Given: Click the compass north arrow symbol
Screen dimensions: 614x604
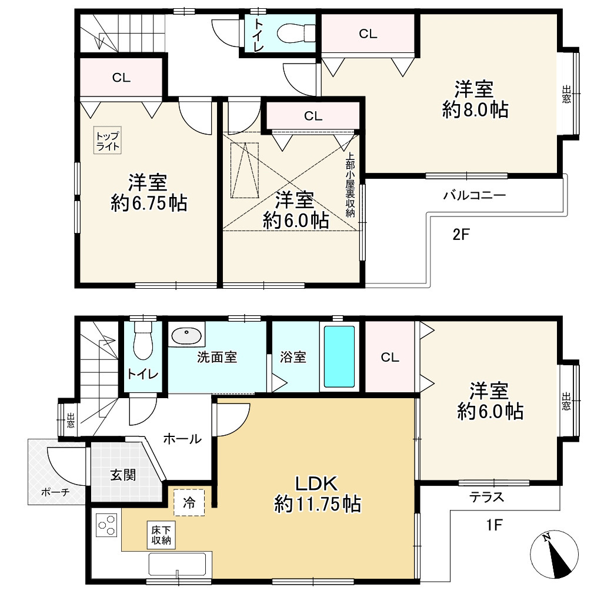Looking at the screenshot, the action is pyautogui.click(x=553, y=554).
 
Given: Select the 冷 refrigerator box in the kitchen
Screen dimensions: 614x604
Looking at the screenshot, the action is pyautogui.click(x=189, y=503).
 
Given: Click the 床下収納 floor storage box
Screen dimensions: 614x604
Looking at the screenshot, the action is pyautogui.click(x=161, y=535).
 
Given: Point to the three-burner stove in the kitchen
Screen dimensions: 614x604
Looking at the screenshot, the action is pyautogui.click(x=106, y=525).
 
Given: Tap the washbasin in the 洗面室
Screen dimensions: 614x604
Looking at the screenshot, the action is pyautogui.click(x=187, y=336).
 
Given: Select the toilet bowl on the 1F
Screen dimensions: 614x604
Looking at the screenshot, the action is pyautogui.click(x=143, y=341).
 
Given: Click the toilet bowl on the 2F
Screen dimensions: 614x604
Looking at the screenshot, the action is pyautogui.click(x=296, y=33).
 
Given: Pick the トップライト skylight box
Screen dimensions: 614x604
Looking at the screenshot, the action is pyautogui.click(x=107, y=140).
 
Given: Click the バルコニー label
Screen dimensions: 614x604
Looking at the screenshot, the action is pyautogui.click(x=475, y=195).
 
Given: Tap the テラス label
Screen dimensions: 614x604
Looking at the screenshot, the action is pyautogui.click(x=487, y=497).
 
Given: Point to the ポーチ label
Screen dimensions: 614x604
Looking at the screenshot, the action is pyautogui.click(x=55, y=492).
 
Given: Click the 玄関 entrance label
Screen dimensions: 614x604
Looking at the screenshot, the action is pyautogui.click(x=123, y=475).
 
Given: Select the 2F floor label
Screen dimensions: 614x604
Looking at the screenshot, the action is pyautogui.click(x=461, y=235).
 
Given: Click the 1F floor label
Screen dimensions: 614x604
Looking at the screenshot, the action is pyautogui.click(x=494, y=525).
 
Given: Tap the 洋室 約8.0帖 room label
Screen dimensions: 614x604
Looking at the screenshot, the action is pyautogui.click(x=475, y=99).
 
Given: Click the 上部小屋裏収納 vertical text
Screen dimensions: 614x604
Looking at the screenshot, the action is pyautogui.click(x=350, y=184).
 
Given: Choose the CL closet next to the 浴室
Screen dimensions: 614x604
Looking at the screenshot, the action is pyautogui.click(x=390, y=357).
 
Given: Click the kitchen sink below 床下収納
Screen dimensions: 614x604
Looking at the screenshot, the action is pyautogui.click(x=178, y=564).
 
